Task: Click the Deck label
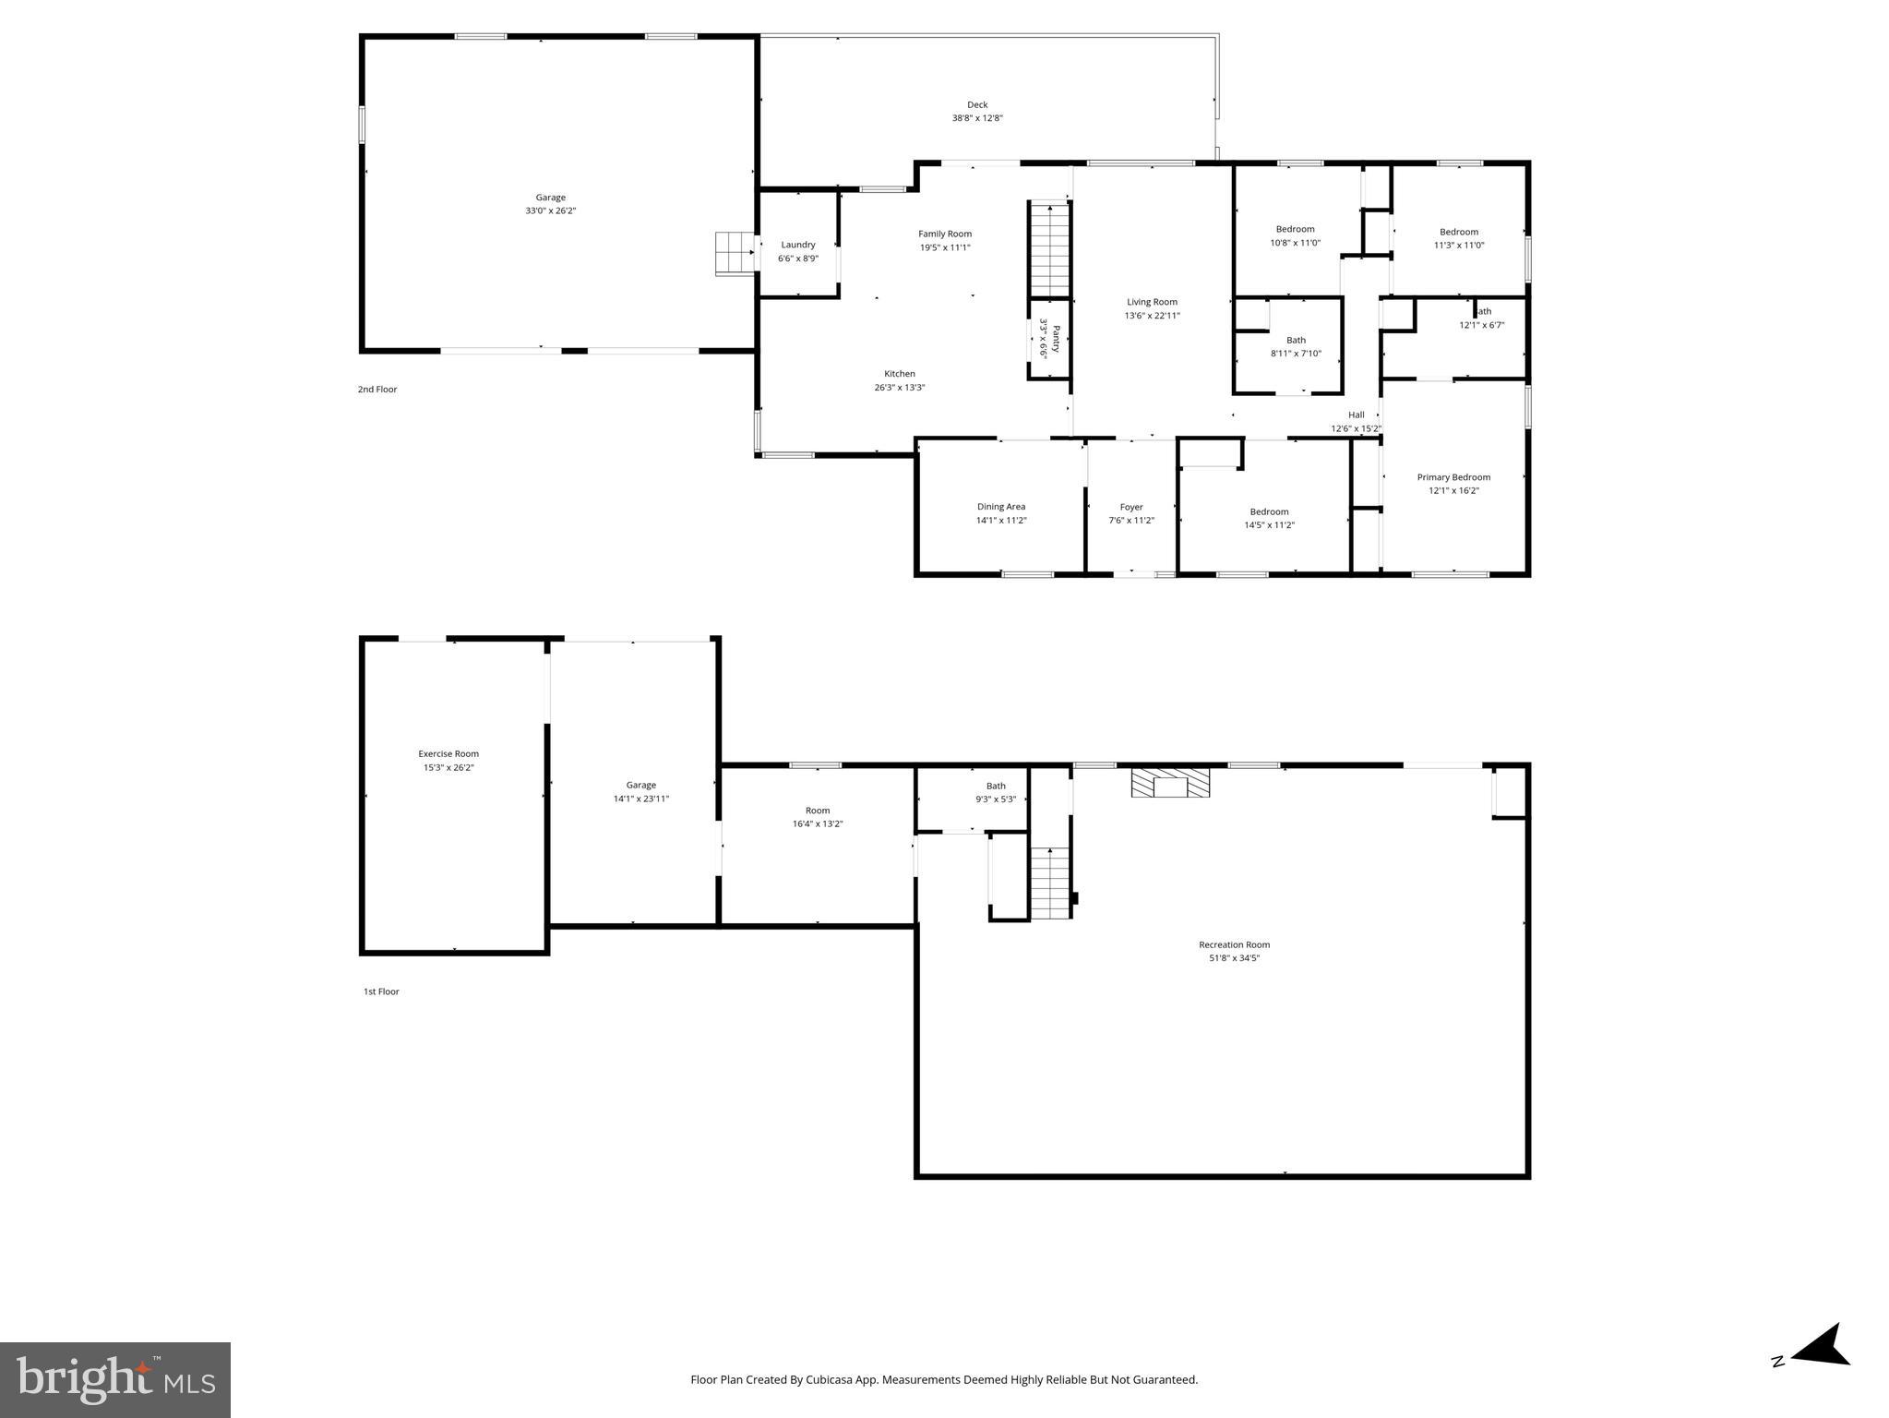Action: [977, 105]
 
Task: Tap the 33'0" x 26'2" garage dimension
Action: [551, 211]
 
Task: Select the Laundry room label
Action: [798, 246]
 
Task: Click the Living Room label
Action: [1152, 303]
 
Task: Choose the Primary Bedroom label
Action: [1453, 478]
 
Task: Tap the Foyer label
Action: [1131, 508]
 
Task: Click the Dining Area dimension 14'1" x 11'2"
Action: [1001, 521]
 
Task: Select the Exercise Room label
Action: [448, 754]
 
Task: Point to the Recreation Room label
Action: [1234, 944]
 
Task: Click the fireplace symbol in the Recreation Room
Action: [1170, 784]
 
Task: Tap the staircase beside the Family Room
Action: [1049, 249]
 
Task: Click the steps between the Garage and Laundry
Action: [735, 253]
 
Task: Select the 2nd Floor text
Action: [377, 390]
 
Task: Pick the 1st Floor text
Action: [381, 991]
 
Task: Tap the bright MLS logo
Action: [115, 1379]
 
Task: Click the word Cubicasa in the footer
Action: [827, 1380]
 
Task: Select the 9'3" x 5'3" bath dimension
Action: [996, 799]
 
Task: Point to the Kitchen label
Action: [900, 375]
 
